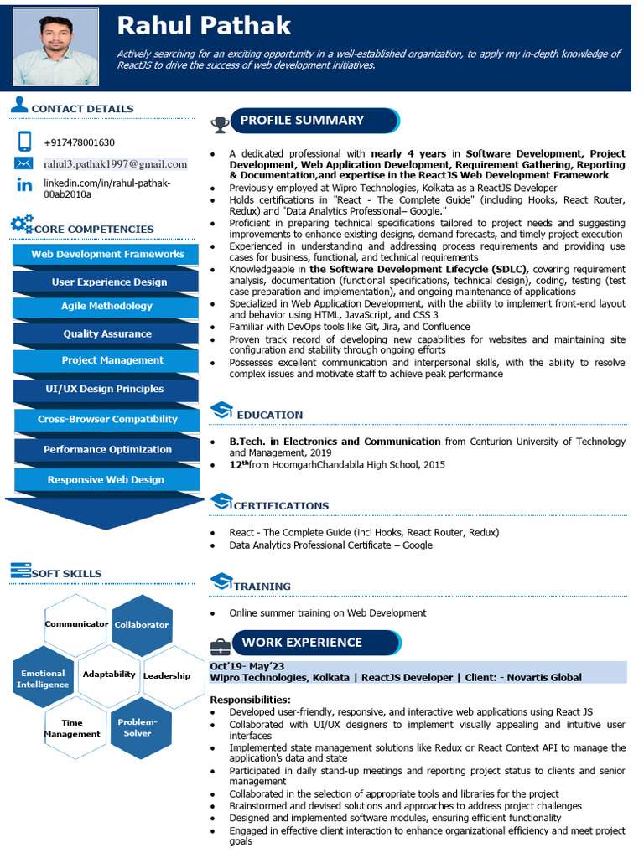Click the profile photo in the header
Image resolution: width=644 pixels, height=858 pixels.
point(55,47)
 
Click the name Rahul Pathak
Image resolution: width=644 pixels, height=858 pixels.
point(204,25)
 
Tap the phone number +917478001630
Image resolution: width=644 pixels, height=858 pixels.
point(79,142)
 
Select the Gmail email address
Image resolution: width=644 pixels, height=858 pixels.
point(115,163)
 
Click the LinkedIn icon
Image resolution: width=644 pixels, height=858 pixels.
point(24,185)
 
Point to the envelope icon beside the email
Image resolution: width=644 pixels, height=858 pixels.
point(23,163)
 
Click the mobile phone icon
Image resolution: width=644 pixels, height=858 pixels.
point(24,142)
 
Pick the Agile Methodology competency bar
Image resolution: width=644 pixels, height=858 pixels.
point(106,307)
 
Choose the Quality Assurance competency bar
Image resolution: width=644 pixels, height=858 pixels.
point(106,333)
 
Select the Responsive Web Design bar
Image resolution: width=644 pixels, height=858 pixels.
point(106,480)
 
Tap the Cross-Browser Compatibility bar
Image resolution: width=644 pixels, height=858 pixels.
point(106,419)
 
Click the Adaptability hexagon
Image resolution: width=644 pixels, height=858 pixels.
point(109,675)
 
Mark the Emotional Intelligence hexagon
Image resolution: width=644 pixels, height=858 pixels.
point(42,679)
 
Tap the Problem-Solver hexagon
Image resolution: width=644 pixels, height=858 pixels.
point(138,727)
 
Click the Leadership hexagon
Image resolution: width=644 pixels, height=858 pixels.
point(167,675)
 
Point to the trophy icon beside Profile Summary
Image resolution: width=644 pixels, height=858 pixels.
point(221,125)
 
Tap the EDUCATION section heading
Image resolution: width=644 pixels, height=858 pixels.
point(269,415)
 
